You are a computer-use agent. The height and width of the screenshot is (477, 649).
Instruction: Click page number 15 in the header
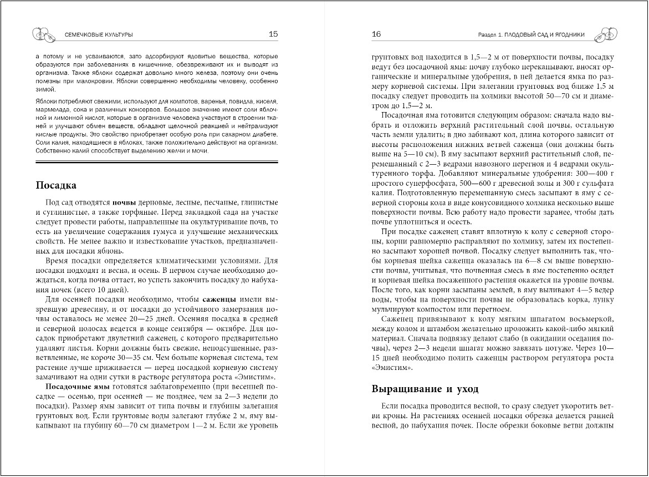(x=273, y=34)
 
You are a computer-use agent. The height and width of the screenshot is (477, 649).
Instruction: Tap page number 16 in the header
(x=376, y=34)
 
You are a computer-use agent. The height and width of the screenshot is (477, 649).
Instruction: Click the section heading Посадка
(x=55, y=185)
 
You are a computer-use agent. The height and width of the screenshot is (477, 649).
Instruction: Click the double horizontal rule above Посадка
(x=156, y=163)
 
